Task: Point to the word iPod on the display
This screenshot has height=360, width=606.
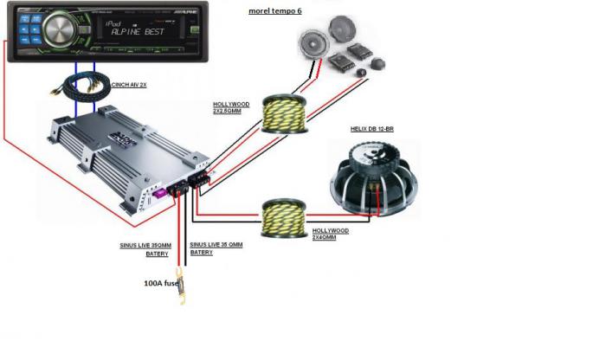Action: point(139,22)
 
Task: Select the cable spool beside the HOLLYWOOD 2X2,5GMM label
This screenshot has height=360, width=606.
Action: point(280,112)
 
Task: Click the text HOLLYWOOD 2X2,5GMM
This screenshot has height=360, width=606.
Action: point(231,110)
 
